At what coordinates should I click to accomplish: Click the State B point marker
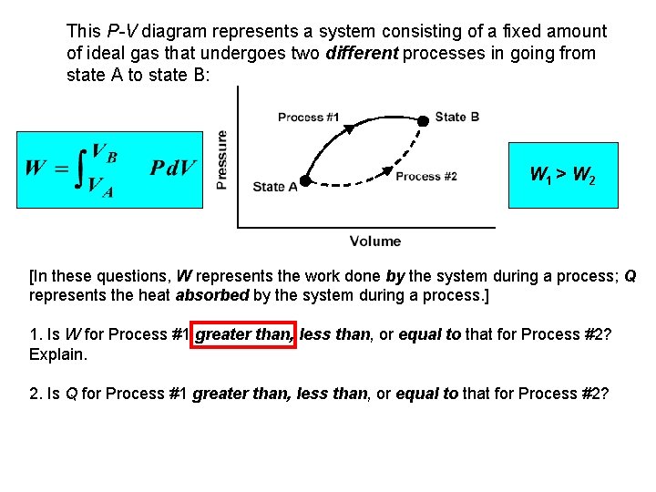click(x=423, y=120)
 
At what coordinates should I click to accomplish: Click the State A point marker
click(x=305, y=180)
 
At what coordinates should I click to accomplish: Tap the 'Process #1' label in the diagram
click(x=308, y=117)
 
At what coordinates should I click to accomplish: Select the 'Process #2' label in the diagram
click(x=426, y=177)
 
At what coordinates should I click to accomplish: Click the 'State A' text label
click(x=275, y=187)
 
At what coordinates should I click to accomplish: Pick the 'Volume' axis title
click(x=374, y=241)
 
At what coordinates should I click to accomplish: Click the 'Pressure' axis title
click(x=221, y=159)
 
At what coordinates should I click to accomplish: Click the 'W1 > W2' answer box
click(x=562, y=175)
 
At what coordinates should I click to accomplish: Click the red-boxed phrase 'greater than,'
click(x=243, y=334)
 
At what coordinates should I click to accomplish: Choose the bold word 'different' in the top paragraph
click(x=362, y=54)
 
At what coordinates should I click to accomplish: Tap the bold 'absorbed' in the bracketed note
click(x=213, y=295)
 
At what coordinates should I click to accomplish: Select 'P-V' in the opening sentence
click(x=121, y=32)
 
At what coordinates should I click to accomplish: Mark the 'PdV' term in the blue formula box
click(x=173, y=168)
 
